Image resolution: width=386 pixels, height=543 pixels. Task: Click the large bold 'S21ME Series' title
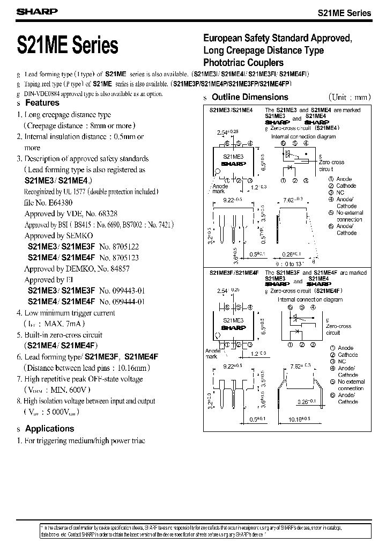tap(68, 45)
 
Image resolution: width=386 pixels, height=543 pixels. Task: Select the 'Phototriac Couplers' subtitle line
tap(243, 63)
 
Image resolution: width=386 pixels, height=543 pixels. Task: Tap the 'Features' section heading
tap(42, 102)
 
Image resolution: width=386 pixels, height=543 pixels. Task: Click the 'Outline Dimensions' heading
tap(250, 97)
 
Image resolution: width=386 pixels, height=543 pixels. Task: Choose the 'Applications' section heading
tap(49, 429)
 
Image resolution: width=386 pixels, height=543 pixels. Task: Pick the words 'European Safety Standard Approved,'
tap(277, 39)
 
